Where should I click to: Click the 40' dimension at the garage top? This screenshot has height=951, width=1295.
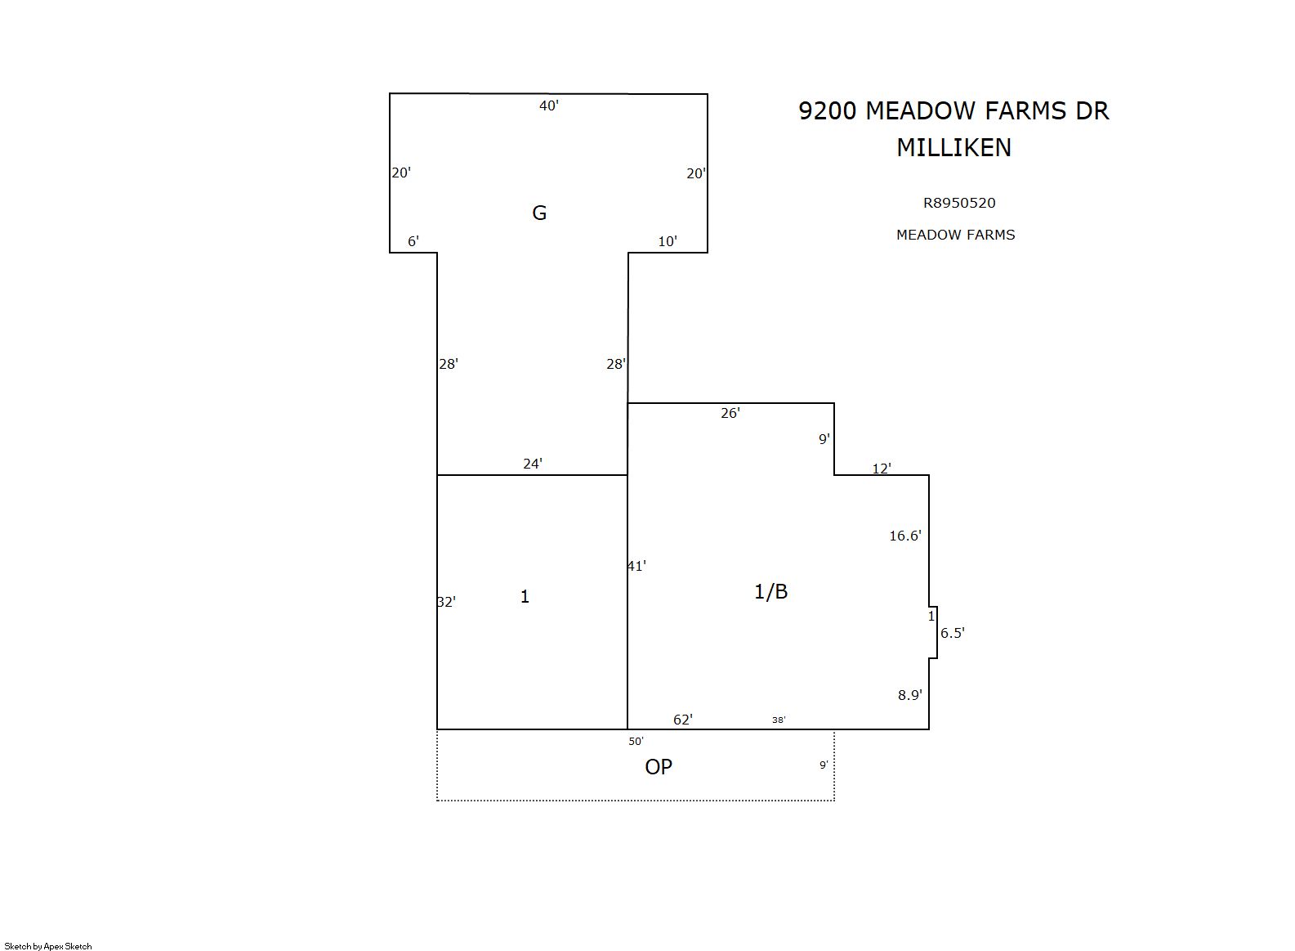pos(549,105)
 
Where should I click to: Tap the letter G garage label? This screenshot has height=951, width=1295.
pos(539,213)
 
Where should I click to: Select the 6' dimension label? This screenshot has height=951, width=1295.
pos(413,241)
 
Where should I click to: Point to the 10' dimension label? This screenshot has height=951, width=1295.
pos(668,241)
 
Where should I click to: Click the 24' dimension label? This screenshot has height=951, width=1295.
pos(533,464)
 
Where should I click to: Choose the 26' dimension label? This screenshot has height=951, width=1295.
pos(730,412)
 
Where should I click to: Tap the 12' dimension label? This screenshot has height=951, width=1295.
pos(882,469)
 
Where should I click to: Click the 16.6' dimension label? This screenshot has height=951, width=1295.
pos(905,536)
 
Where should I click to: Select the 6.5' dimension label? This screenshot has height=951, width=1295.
pos(953,633)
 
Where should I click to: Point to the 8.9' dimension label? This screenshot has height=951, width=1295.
pos(910,695)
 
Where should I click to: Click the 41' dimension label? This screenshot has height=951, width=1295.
pos(636,566)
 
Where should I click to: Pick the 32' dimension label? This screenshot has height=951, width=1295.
pos(446,602)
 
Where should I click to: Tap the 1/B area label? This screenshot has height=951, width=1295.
pos(771,591)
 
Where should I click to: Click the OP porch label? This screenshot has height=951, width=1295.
pos(659,766)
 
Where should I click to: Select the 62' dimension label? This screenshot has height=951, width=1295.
pos(683,719)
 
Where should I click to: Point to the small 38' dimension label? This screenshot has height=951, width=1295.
pos(779,720)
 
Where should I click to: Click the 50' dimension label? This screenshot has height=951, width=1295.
pos(636,741)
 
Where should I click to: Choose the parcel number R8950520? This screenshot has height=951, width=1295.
pos(959,203)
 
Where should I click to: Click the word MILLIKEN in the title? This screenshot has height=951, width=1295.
pos(954,147)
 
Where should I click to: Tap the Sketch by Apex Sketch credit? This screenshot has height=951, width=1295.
pos(48,946)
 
